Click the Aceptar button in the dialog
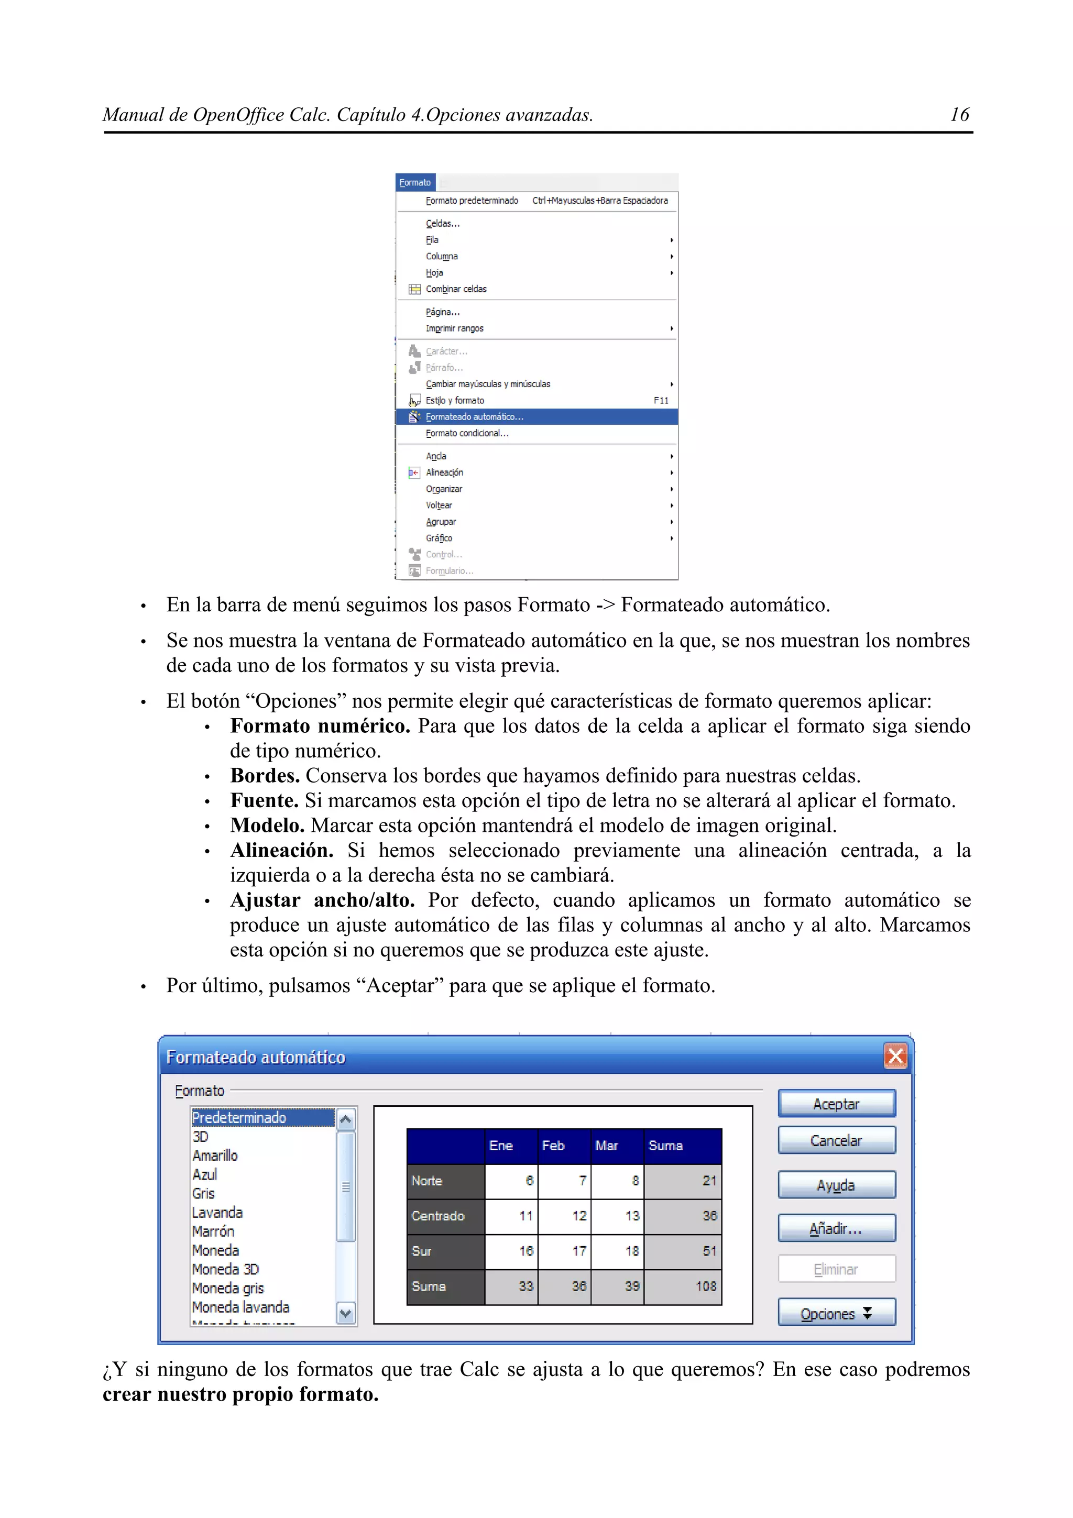pos(836,1104)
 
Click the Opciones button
pos(836,1313)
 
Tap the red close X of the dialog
pos(895,1057)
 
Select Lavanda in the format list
pos(217,1213)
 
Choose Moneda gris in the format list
pos(228,1288)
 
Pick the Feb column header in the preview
pos(553,1146)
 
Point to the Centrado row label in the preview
pos(437,1216)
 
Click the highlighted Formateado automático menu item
pos(474,416)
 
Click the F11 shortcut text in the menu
pos(661,401)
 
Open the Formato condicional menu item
pos(467,433)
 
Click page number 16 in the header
pos(959,115)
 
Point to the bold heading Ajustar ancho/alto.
pos(322,900)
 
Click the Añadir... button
pos(836,1228)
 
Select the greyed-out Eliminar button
pos(836,1269)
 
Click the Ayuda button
pos(836,1185)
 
